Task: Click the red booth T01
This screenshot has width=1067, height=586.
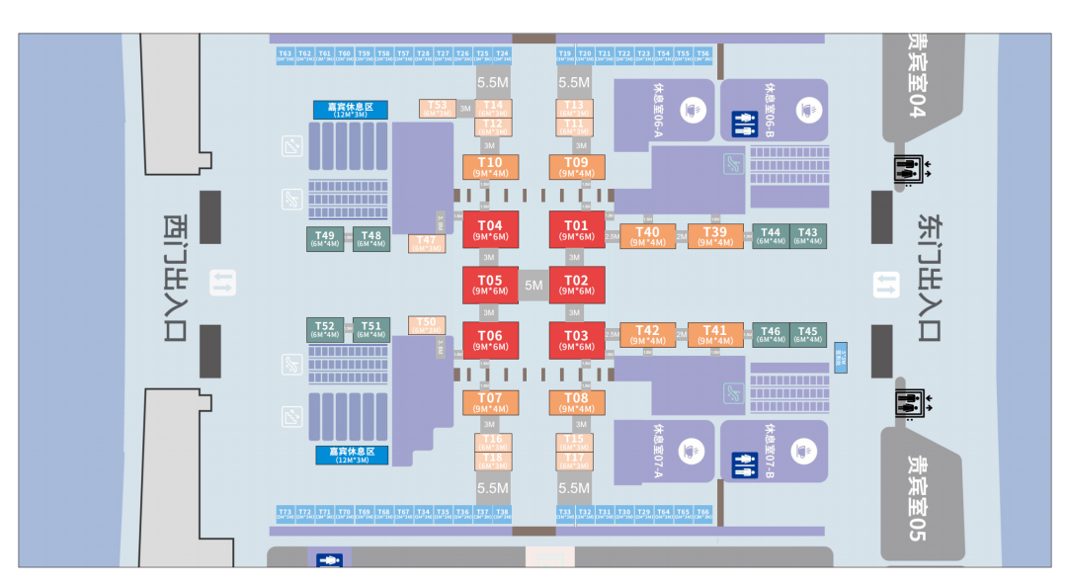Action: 576,229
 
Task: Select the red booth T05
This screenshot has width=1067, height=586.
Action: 490,285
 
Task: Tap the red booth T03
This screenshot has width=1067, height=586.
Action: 576,340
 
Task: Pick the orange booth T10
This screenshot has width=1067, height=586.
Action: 490,167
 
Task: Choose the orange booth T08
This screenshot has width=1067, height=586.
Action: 576,403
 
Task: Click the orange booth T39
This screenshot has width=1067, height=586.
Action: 715,236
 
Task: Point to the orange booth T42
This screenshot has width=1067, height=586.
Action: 647,335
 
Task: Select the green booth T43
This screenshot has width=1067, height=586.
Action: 807,236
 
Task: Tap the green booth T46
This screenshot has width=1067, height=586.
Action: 771,335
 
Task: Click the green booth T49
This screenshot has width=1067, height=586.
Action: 325,238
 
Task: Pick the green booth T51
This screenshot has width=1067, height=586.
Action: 370,329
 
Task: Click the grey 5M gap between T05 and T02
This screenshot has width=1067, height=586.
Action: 533,286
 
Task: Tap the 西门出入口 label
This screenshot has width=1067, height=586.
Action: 175,278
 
